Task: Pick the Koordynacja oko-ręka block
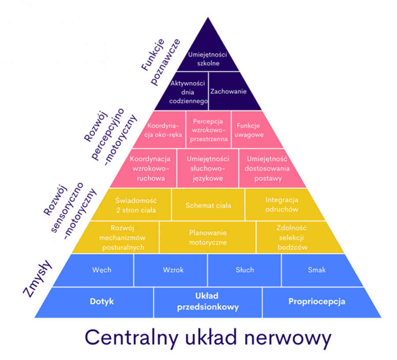click(162, 130)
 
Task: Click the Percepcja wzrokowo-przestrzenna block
click(208, 130)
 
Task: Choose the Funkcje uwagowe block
click(253, 130)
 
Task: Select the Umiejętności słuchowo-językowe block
click(208, 169)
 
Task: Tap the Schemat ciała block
click(208, 205)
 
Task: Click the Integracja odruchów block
click(282, 205)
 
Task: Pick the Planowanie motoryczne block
click(208, 237)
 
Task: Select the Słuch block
click(244, 270)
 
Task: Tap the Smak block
click(319, 270)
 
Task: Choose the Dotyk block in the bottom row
click(99, 302)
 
